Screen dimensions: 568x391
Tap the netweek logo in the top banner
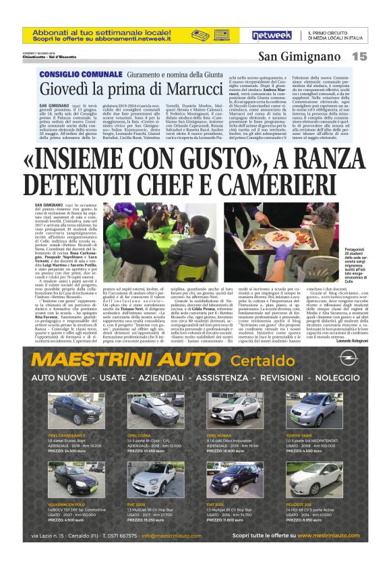click(271, 34)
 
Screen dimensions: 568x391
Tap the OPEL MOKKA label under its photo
click(220, 435)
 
